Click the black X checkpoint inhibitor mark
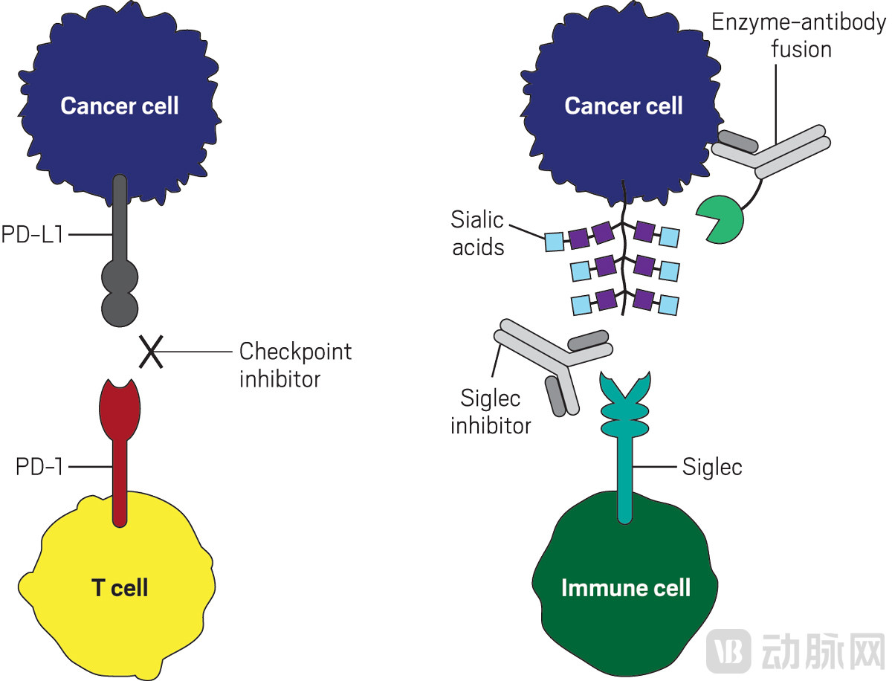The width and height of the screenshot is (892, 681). pyautogui.click(x=151, y=352)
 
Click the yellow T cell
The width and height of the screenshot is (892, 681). pyautogui.click(x=119, y=580)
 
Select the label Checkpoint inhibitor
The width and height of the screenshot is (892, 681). pyautogui.click(x=295, y=364)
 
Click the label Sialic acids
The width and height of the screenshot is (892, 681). pyautogui.click(x=477, y=233)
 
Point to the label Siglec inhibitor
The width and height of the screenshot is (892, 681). pyautogui.click(x=491, y=412)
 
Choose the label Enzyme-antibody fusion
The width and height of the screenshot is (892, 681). pyautogui.click(x=799, y=35)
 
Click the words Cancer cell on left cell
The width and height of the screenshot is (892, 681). pyautogui.click(x=120, y=106)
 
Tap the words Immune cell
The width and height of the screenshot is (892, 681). pyautogui.click(x=626, y=587)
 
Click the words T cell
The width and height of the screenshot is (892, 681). pyautogui.click(x=120, y=588)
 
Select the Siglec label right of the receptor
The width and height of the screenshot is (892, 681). pyautogui.click(x=712, y=468)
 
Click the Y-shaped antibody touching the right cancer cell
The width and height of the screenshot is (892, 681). pyautogui.click(x=773, y=152)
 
